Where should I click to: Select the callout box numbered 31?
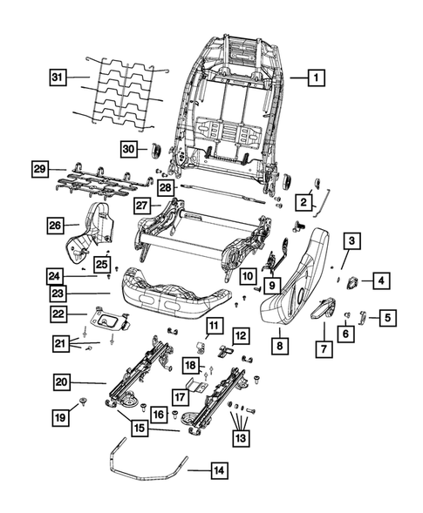(x=57, y=78)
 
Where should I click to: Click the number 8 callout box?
(x=280, y=345)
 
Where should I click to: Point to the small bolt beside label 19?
(x=81, y=402)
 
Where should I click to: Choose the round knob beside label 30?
(x=155, y=149)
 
